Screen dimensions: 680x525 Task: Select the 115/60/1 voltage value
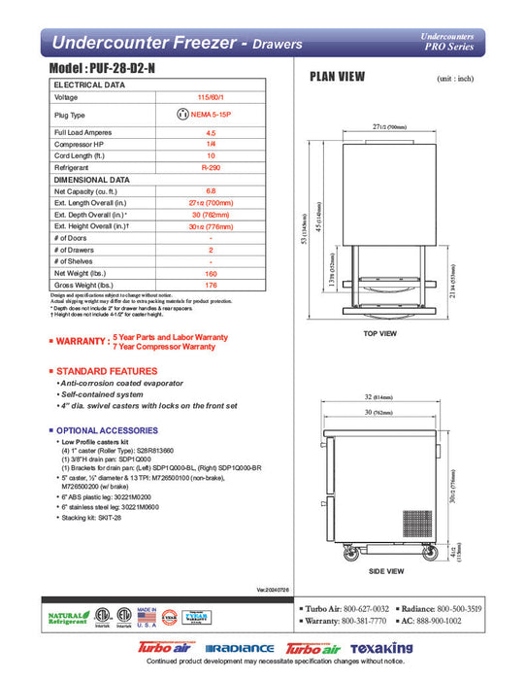(211, 97)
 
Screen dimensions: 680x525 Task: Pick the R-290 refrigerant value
(211, 167)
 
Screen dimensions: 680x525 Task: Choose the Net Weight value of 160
(211, 274)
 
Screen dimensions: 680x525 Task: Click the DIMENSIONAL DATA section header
(92, 180)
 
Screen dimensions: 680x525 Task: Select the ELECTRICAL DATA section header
(89, 85)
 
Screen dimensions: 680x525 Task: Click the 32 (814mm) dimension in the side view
(381, 398)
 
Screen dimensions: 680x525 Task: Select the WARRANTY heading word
(82, 341)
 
